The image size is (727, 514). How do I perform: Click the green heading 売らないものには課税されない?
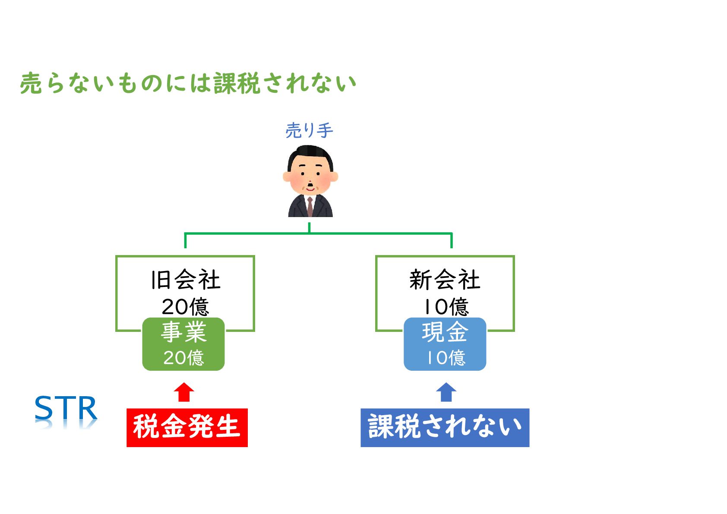[188, 83]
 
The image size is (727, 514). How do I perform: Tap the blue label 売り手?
[309, 130]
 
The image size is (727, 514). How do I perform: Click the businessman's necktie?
[310, 206]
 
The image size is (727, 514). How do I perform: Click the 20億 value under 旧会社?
[186, 306]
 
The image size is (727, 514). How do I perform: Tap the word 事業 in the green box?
[183, 332]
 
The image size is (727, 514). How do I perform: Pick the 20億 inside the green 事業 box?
[183, 357]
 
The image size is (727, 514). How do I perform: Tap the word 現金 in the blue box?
[445, 332]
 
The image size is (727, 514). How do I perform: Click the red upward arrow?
[184, 392]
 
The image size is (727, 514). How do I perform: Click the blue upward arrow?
[446, 392]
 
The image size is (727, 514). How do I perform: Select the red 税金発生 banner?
[187, 427]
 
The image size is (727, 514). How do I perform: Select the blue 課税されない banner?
[445, 427]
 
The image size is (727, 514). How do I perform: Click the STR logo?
[66, 408]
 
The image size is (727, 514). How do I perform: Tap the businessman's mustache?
[310, 187]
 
